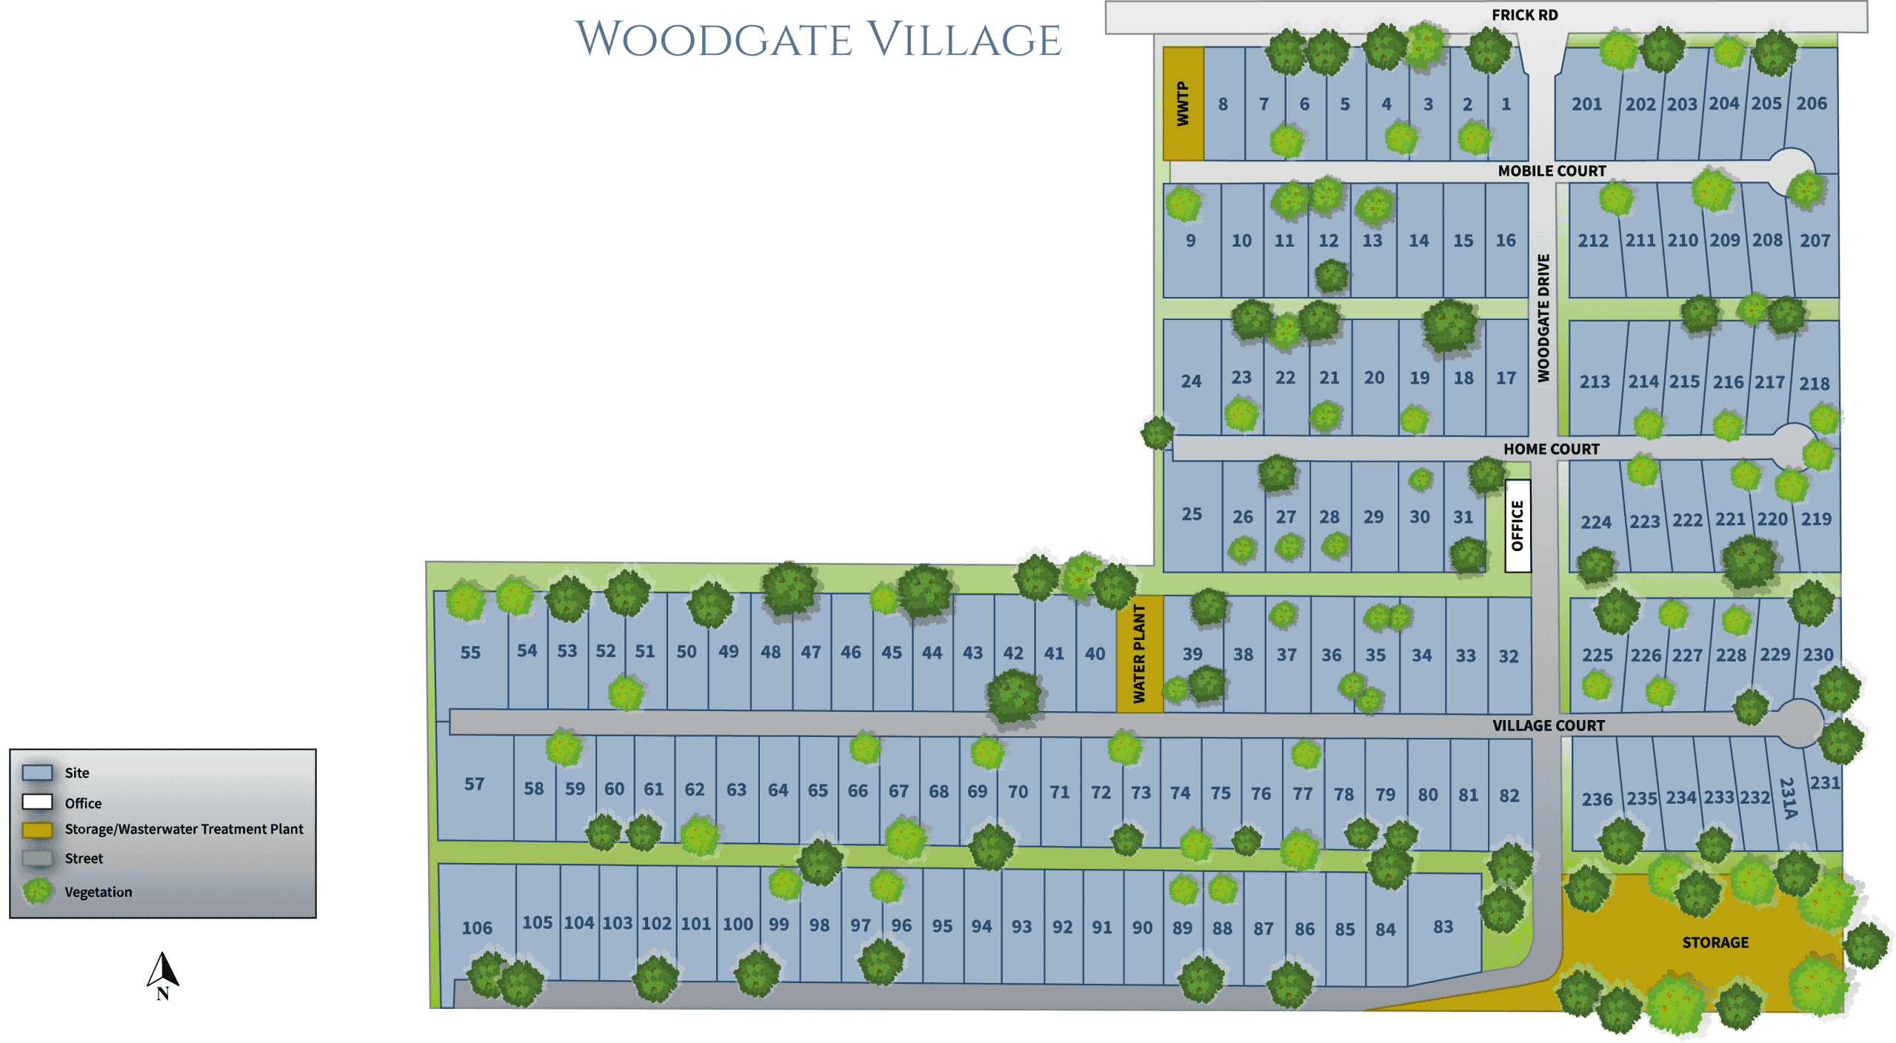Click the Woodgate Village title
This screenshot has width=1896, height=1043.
[818, 39]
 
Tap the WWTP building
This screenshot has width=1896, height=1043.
[1183, 104]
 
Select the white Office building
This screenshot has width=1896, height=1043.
[1517, 525]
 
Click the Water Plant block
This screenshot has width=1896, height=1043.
[1139, 653]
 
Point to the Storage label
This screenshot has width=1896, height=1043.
[1715, 942]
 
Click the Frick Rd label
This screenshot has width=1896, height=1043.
[1524, 15]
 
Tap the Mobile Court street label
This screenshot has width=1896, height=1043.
[1552, 171]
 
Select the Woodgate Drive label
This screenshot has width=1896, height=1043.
[1543, 318]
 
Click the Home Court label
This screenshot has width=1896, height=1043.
[1551, 449]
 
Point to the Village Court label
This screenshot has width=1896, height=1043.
[1548, 725]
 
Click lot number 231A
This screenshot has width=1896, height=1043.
[1788, 799]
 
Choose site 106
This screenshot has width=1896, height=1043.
[476, 927]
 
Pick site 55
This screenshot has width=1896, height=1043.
[470, 653]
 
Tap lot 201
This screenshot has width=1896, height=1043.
[1586, 104]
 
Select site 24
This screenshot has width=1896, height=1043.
[1190, 381]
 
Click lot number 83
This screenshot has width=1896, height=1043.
[1443, 927]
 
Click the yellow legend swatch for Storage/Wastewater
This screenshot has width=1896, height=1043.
[37, 830]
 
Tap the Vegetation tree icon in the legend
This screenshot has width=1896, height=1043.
[37, 891]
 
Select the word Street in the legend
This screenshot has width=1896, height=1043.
[84, 859]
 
